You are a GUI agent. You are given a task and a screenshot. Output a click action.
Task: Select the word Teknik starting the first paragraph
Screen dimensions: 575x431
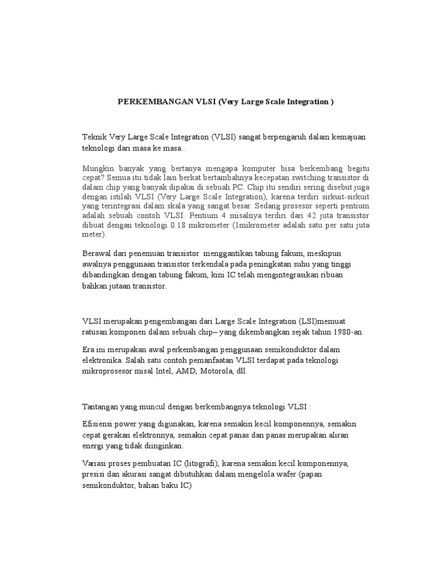coord(94,138)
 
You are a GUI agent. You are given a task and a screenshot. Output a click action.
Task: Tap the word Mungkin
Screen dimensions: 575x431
coord(97,168)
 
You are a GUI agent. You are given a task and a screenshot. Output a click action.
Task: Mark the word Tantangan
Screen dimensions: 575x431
coord(102,407)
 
